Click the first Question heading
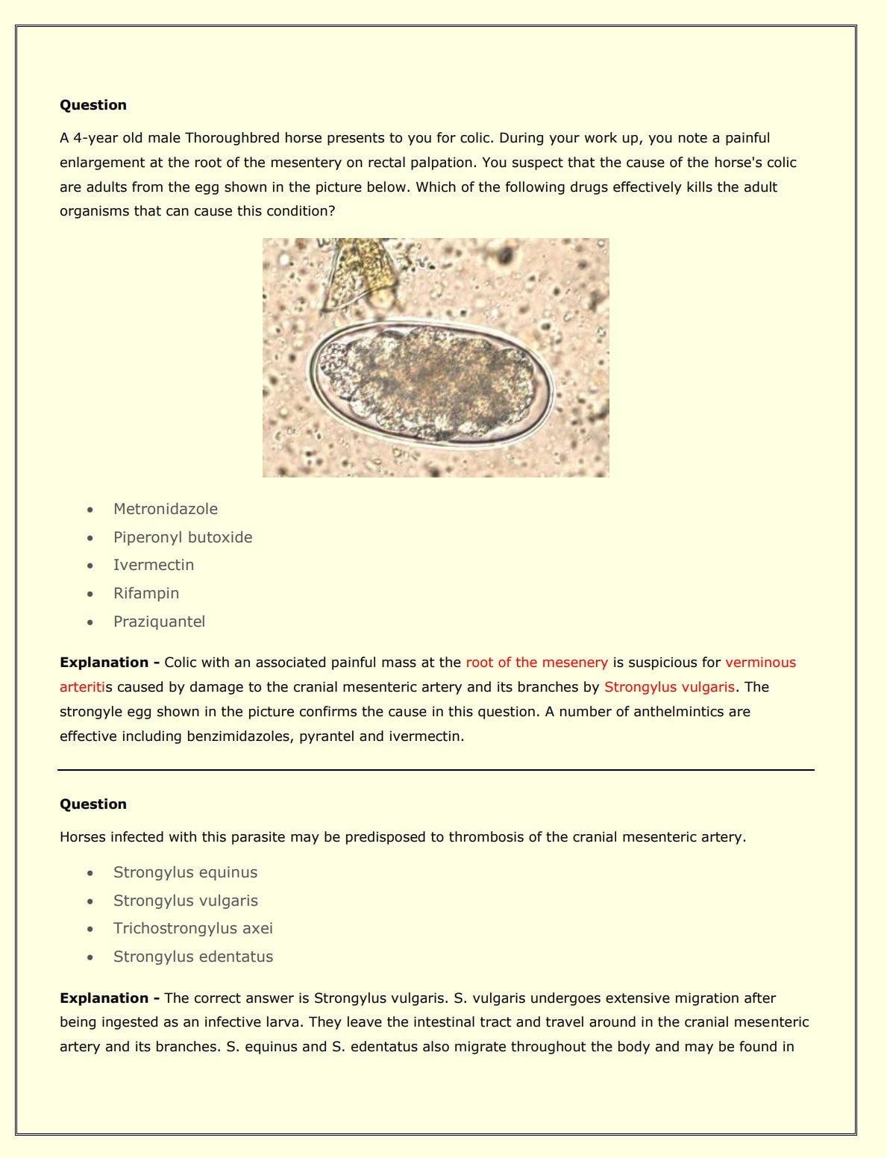(93, 105)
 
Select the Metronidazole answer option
(166, 509)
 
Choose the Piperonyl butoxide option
(183, 537)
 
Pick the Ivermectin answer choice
(154, 565)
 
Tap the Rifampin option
(146, 593)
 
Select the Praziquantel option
(159, 622)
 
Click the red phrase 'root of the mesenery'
(536, 663)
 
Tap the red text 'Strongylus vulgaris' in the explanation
(669, 687)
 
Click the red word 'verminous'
(760, 663)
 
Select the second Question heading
(93, 804)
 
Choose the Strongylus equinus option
(185, 872)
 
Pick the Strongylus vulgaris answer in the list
(186, 901)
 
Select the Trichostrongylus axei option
(193, 928)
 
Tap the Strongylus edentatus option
(193, 957)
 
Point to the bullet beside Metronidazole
(90, 510)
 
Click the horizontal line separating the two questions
(436, 769)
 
